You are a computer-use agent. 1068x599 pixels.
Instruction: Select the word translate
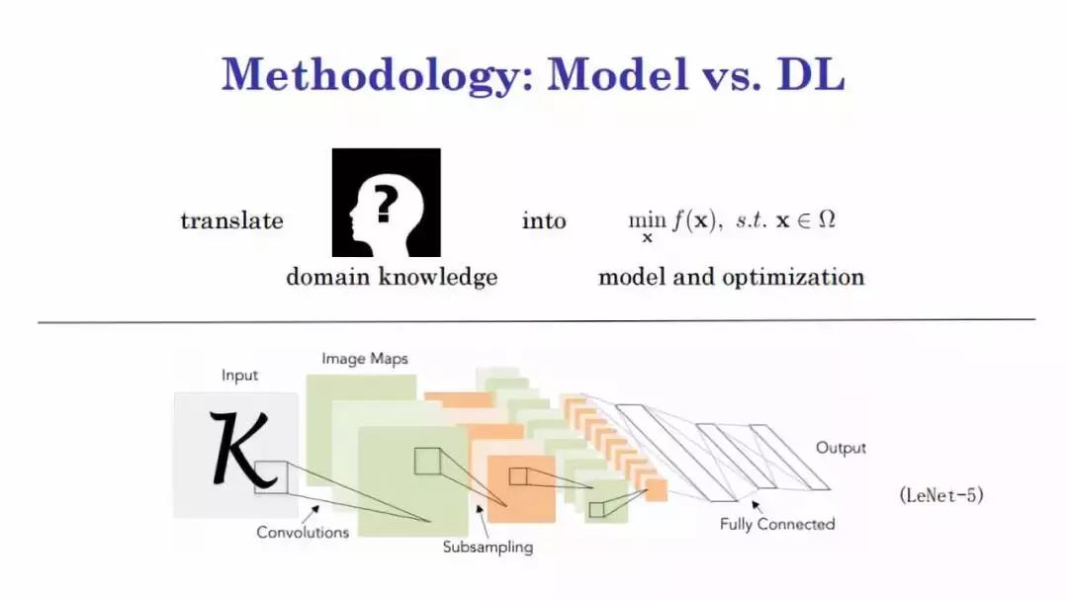pyautogui.click(x=231, y=220)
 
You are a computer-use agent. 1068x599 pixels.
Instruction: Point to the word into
pyautogui.click(x=543, y=220)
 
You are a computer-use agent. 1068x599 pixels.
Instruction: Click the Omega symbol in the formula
pyautogui.click(x=826, y=220)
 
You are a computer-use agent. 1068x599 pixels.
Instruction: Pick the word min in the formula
pyautogui.click(x=640, y=219)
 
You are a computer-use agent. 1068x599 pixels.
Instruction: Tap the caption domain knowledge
pyautogui.click(x=392, y=277)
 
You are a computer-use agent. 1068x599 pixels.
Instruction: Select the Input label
pyautogui.click(x=239, y=375)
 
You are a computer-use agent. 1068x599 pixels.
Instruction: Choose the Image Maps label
pyautogui.click(x=364, y=358)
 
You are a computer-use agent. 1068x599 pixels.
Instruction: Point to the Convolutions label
pyautogui.click(x=303, y=532)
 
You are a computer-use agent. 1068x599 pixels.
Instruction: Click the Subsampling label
pyautogui.click(x=488, y=546)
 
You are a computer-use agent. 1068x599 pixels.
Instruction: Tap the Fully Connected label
pyautogui.click(x=777, y=523)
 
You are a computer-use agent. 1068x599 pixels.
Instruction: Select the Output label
pyautogui.click(x=840, y=448)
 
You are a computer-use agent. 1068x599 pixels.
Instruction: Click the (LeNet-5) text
pyautogui.click(x=941, y=495)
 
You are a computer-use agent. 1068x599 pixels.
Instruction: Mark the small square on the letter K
pyautogui.click(x=270, y=476)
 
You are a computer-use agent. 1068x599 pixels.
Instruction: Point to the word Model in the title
pyautogui.click(x=617, y=75)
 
